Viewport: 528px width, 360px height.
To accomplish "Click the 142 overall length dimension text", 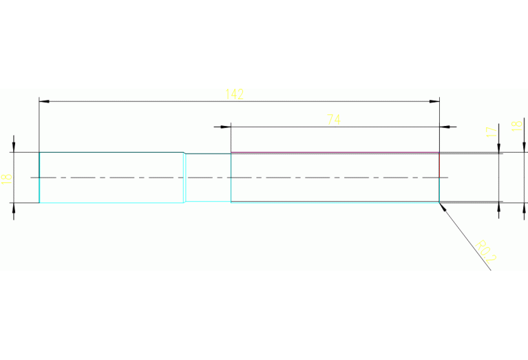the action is coord(234,94).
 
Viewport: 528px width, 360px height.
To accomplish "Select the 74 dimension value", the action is coord(333,119).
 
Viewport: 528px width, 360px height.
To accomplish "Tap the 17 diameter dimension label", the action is coord(491,131).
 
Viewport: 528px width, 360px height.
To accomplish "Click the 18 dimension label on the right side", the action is coord(515,125).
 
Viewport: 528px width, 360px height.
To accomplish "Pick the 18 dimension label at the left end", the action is coord(6,178).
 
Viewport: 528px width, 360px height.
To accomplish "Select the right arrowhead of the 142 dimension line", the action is coord(434,102).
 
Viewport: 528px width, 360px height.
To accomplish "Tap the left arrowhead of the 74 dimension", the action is coord(225,127).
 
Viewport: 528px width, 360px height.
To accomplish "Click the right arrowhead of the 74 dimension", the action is coord(445,127).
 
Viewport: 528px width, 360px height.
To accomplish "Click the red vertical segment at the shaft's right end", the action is coord(439,165).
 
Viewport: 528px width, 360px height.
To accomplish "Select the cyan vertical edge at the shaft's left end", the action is coord(39,178).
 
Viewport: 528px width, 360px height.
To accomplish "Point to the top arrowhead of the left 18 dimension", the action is coord(14,147).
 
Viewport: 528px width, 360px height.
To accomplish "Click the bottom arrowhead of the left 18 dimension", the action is coord(14,208).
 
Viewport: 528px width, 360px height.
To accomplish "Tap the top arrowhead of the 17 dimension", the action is coord(498,149).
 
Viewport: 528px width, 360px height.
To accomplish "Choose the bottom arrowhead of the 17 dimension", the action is coord(498,206).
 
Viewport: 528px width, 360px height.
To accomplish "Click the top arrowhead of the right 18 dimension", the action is coord(525,147).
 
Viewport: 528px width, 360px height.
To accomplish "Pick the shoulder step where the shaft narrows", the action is coord(184,178).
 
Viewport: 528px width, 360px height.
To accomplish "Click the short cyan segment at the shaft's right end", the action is coord(439,190).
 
